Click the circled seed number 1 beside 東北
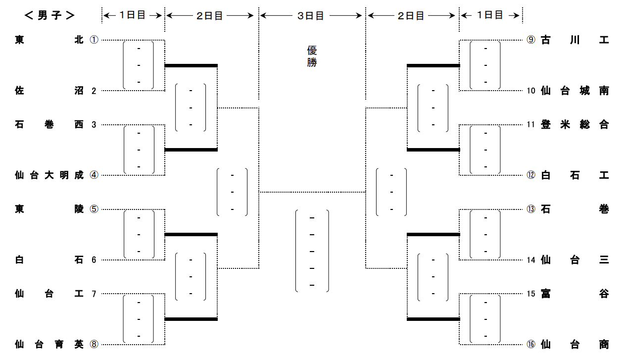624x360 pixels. point(94,40)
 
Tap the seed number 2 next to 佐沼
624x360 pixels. point(94,91)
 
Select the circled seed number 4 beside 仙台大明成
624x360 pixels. point(94,175)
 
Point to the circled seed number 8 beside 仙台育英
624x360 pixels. point(94,344)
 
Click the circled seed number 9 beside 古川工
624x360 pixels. point(531,40)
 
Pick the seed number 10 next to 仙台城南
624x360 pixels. point(531,91)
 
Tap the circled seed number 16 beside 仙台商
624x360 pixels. point(531,344)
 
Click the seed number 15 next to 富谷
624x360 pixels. point(531,294)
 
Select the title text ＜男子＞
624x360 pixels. point(49,15)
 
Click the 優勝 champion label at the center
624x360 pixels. point(312,56)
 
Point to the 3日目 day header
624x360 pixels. point(311,16)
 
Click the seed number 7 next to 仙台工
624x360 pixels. point(94,294)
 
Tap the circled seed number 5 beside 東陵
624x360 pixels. point(94,209)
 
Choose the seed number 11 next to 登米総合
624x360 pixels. point(531,124)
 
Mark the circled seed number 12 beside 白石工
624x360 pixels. point(531,175)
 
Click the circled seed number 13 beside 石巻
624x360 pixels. point(531,209)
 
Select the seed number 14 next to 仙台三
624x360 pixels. point(531,259)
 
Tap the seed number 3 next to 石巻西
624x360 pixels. point(94,124)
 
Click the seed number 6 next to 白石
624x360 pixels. point(94,259)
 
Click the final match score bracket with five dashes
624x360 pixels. point(312,251)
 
